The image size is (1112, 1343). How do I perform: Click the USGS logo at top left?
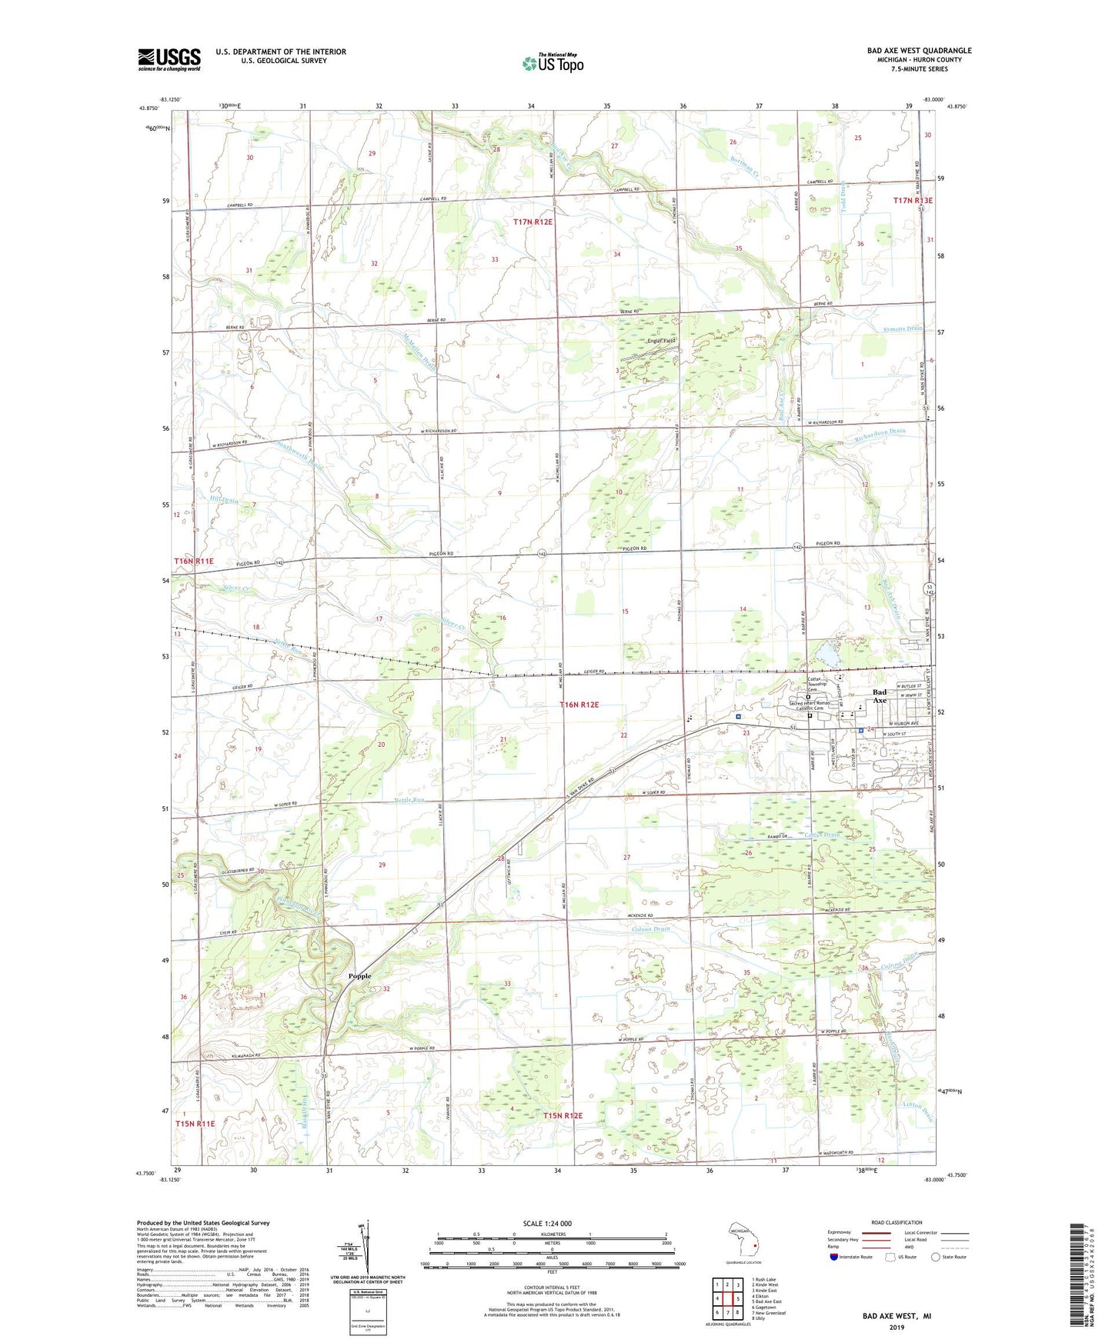pyautogui.click(x=169, y=58)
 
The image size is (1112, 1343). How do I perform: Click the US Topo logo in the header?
pyautogui.click(x=553, y=62)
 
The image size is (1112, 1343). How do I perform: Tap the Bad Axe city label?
pyautogui.click(x=879, y=697)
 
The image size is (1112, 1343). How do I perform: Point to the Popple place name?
pyautogui.click(x=359, y=976)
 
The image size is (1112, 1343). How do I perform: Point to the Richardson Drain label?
pyautogui.click(x=880, y=432)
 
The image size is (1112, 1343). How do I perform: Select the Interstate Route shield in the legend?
pyautogui.click(x=834, y=1257)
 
